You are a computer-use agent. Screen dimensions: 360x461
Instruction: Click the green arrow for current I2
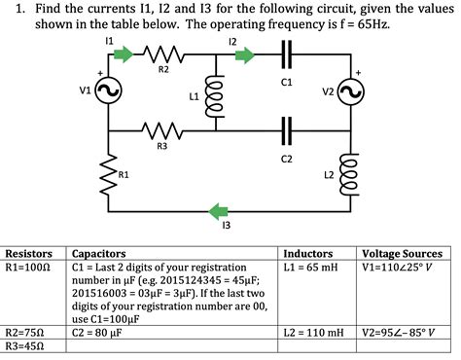237,54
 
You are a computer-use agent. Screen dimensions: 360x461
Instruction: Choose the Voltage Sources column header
401,251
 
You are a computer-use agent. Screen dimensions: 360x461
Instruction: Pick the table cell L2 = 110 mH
315,332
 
